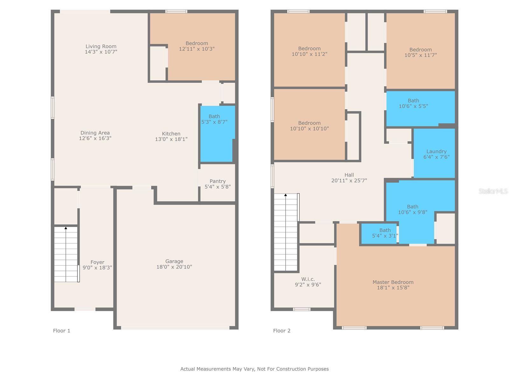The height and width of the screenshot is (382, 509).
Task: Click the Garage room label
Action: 174,261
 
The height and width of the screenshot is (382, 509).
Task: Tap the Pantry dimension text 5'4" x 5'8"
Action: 218,187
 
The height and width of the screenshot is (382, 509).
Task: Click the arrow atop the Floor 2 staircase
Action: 286,195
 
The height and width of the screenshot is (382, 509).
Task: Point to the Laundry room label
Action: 436,152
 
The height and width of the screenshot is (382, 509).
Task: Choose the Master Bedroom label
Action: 393,282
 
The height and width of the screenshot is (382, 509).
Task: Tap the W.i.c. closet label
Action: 308,279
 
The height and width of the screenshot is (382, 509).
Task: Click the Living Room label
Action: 101,46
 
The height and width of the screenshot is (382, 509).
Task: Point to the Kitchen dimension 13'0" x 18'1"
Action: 171,139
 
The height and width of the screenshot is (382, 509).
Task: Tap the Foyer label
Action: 97,262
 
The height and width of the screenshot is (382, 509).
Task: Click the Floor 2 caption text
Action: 282,331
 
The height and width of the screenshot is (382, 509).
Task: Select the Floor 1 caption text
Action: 61,331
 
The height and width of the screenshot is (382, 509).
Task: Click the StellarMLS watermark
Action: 493,191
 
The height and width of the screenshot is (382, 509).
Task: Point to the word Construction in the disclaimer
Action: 293,369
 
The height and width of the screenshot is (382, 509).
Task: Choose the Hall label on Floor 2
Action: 349,175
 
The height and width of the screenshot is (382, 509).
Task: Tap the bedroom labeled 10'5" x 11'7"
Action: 421,52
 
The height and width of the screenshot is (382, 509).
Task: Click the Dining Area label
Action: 95,133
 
